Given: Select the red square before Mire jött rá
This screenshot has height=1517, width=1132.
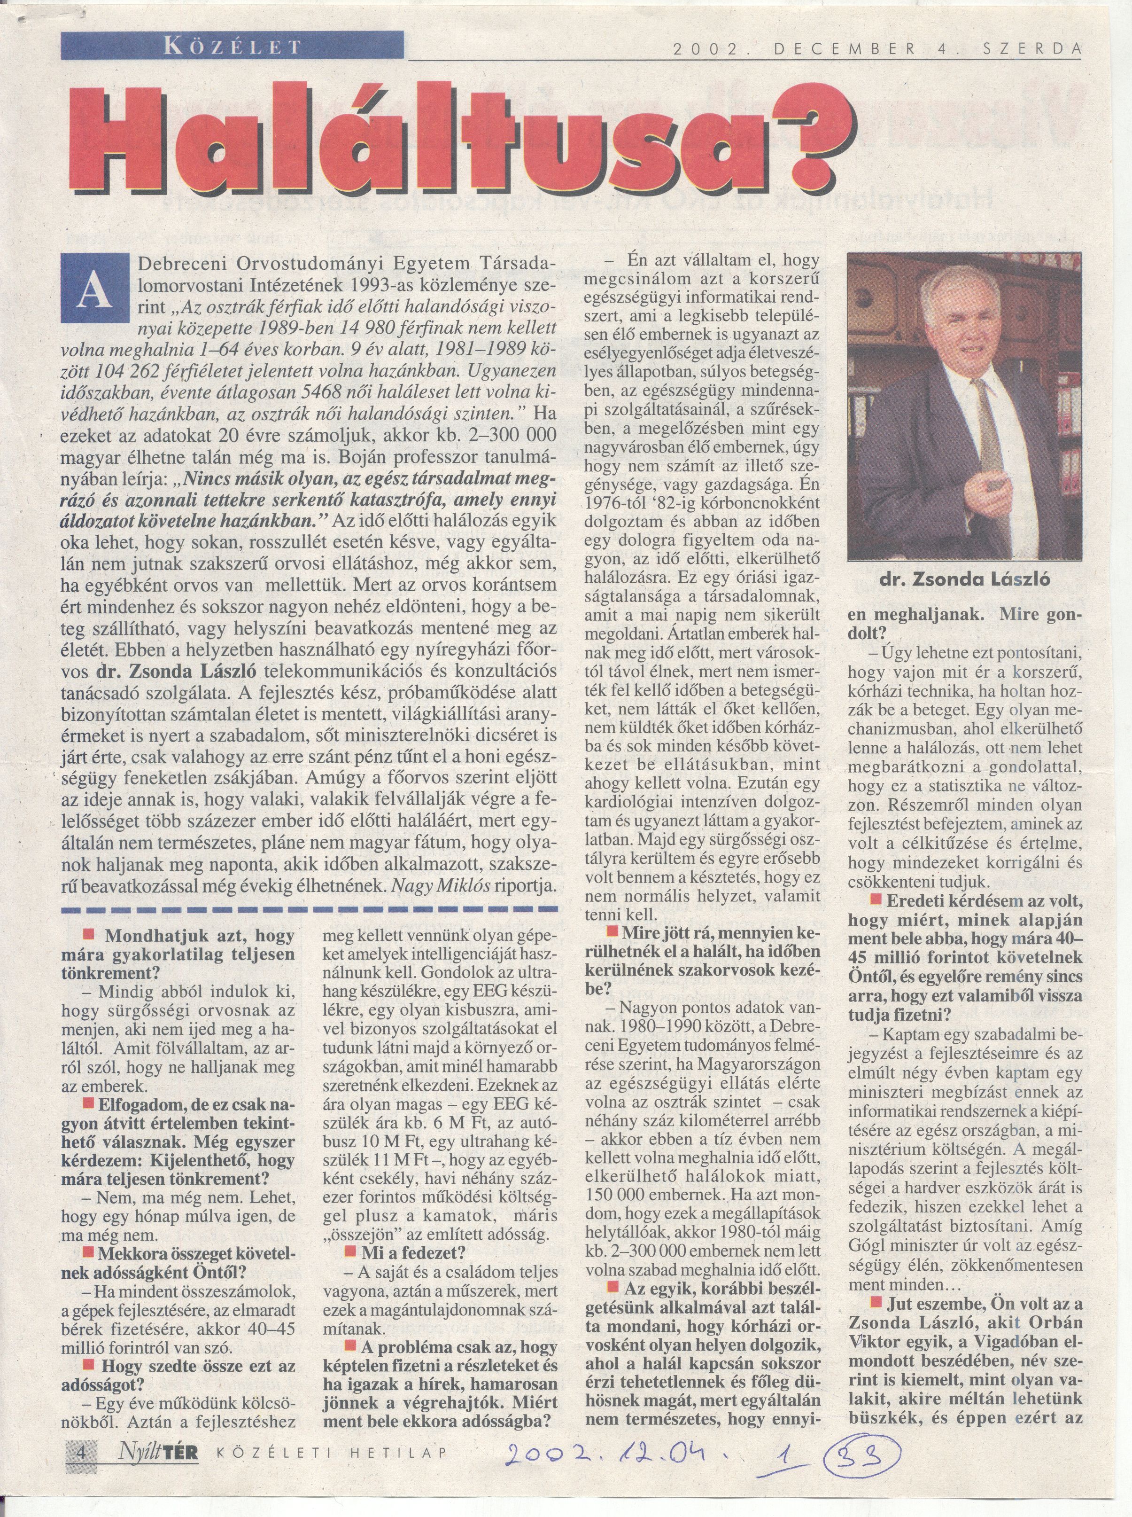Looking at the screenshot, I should [612, 932].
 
